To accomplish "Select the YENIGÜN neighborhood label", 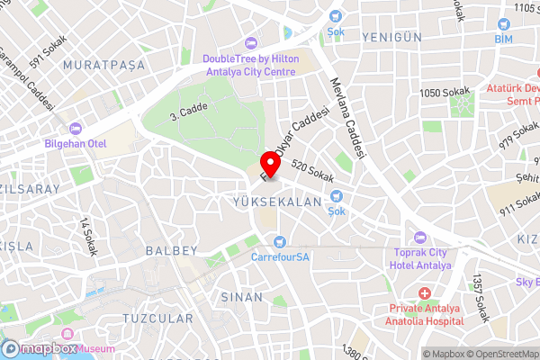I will click(391, 36).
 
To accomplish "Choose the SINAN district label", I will click(241, 296).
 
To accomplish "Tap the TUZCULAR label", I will click(159, 319).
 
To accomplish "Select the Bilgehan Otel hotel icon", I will click(76, 128).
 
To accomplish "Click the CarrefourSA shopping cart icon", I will click(280, 241).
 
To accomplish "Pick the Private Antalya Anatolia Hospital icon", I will click(425, 293).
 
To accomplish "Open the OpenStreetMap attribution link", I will click(497, 354).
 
